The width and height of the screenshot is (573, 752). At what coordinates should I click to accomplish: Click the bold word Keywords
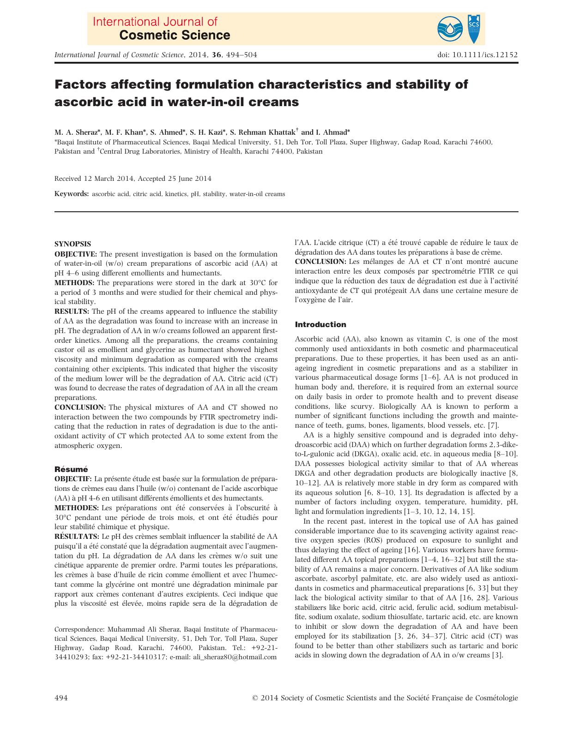pyautogui.click(x=71, y=194)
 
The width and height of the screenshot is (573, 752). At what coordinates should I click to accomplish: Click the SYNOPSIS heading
pyautogui.click(x=72, y=244)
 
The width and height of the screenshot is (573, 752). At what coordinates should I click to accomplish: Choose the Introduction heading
pyautogui.click(x=320, y=324)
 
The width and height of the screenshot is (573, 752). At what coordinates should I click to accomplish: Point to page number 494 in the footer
pyautogui.click(x=61, y=698)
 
